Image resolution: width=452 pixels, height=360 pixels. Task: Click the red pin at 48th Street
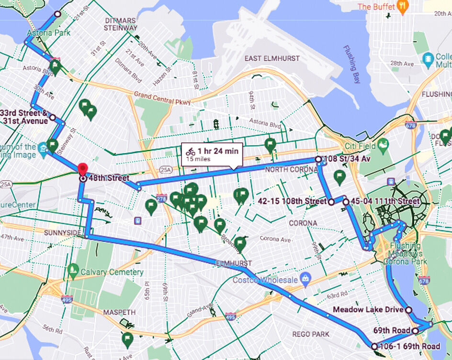[83, 169]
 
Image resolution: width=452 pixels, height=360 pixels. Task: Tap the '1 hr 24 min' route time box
[212, 154]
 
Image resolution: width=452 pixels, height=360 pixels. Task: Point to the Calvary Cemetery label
[112, 272]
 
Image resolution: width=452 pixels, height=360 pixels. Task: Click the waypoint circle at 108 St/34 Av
[318, 159]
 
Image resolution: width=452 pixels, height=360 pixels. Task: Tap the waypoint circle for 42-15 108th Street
[331, 202]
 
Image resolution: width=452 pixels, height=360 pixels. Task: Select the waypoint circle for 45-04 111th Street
[346, 202]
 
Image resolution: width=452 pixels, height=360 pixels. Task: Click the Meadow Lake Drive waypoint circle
[408, 310]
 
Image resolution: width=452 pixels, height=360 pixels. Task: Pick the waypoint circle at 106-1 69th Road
[374, 346]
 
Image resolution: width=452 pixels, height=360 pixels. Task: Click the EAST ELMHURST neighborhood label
[272, 58]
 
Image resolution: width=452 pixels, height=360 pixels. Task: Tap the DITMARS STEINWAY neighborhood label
[121, 24]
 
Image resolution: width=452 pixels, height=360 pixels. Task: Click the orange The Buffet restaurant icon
[403, 7]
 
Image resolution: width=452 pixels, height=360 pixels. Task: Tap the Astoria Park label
[48, 33]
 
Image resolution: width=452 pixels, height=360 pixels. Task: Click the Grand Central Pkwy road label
[162, 98]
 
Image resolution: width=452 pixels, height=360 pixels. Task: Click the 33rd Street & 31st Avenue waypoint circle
[53, 117]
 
